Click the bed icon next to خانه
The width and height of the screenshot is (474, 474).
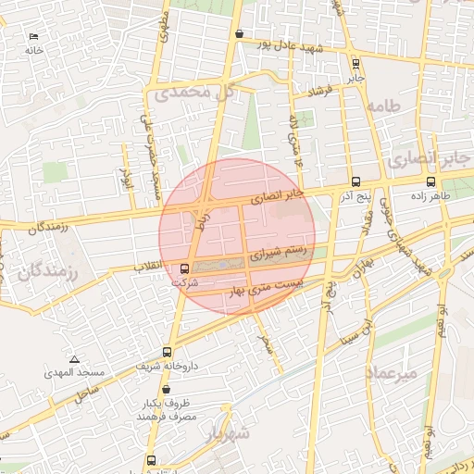(34, 36)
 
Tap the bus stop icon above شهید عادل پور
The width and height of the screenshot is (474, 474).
(240, 34)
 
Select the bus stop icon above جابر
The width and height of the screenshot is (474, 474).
(356, 64)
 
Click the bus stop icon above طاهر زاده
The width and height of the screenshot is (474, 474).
(432, 181)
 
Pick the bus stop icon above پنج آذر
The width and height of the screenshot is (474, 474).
(356, 182)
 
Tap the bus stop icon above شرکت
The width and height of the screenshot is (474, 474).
(184, 269)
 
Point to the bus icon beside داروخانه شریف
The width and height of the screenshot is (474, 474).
(167, 352)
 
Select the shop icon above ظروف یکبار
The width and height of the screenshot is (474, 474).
(166, 390)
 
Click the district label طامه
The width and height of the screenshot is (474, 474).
(385, 107)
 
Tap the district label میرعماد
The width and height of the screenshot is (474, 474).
(393, 372)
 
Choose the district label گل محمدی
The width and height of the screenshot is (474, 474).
(192, 92)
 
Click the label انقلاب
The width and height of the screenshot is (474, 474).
(150, 268)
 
